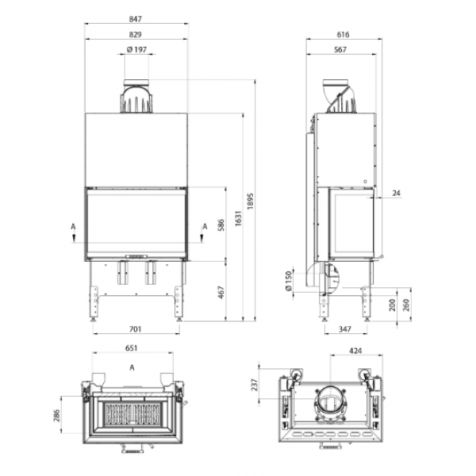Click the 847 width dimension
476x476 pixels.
click(x=136, y=19)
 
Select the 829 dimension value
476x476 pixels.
click(x=136, y=35)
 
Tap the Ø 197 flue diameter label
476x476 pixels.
click(x=136, y=49)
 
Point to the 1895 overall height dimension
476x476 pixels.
click(x=250, y=201)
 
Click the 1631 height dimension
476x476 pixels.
click(x=238, y=218)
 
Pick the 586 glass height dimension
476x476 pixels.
click(x=221, y=225)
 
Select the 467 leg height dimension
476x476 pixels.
click(x=221, y=292)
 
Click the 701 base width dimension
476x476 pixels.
click(x=136, y=329)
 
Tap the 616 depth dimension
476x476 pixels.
click(x=343, y=35)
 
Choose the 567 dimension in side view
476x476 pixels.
click(x=340, y=49)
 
